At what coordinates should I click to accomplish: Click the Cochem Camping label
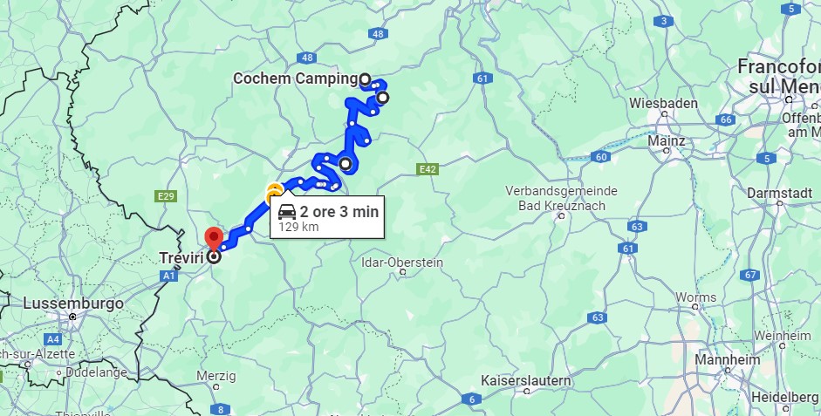pos(295,78)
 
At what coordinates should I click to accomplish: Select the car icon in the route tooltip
pos(286,211)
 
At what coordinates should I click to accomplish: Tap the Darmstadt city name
pos(780,192)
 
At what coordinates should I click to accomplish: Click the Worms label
pos(695,297)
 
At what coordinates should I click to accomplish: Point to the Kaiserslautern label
pos(526,381)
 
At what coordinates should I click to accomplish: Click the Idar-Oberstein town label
pos(402,262)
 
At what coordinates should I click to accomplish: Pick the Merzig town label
pos(216,376)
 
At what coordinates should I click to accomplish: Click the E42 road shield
pos(427,169)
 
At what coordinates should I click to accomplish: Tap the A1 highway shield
pos(168,276)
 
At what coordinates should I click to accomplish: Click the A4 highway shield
pos(53,338)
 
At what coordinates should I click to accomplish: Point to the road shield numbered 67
pos(749,275)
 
